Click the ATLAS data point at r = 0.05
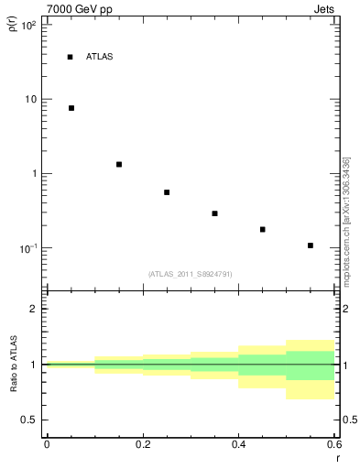pos(71,108)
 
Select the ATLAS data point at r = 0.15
pos(119,164)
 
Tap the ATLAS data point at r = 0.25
pos(167,192)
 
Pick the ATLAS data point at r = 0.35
pos(214,213)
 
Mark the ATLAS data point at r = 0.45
pos(263,229)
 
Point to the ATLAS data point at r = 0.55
pos(311,245)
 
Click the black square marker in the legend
pos(70,57)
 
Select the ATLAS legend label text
pos(99,57)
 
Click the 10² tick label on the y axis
pos(28,25)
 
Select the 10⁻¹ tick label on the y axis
pos(28,248)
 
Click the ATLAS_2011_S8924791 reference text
pos(190,274)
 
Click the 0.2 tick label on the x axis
pos(142,443)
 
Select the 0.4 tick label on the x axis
pos(238,443)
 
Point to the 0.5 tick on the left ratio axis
pos(29,420)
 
